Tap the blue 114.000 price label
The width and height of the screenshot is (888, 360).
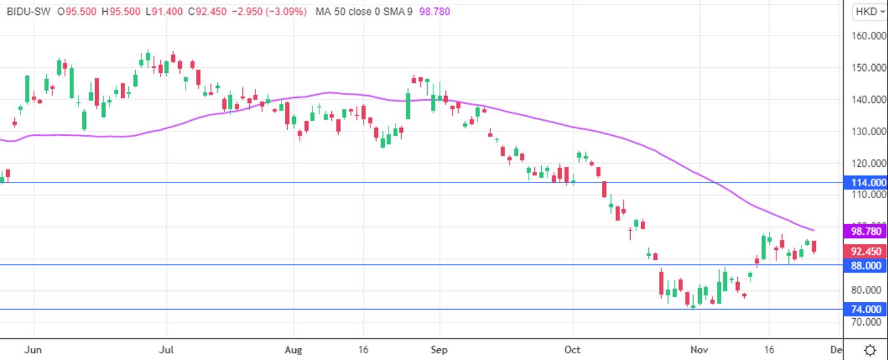click(x=866, y=182)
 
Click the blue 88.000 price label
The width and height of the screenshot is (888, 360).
click(x=866, y=265)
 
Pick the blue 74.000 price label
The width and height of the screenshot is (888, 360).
click(x=866, y=310)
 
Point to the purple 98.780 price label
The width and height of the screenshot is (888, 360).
click(x=866, y=231)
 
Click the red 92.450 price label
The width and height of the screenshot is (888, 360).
click(x=866, y=252)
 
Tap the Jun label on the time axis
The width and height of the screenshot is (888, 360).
click(x=32, y=350)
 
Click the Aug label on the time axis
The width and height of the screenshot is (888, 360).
click(x=293, y=350)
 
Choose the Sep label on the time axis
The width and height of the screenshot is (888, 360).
click(x=440, y=350)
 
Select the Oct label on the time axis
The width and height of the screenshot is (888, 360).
click(x=572, y=350)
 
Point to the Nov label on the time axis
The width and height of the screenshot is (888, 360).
click(x=700, y=350)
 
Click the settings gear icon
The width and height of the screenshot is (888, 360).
click(x=870, y=349)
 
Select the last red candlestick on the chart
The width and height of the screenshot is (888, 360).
click(x=814, y=247)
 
